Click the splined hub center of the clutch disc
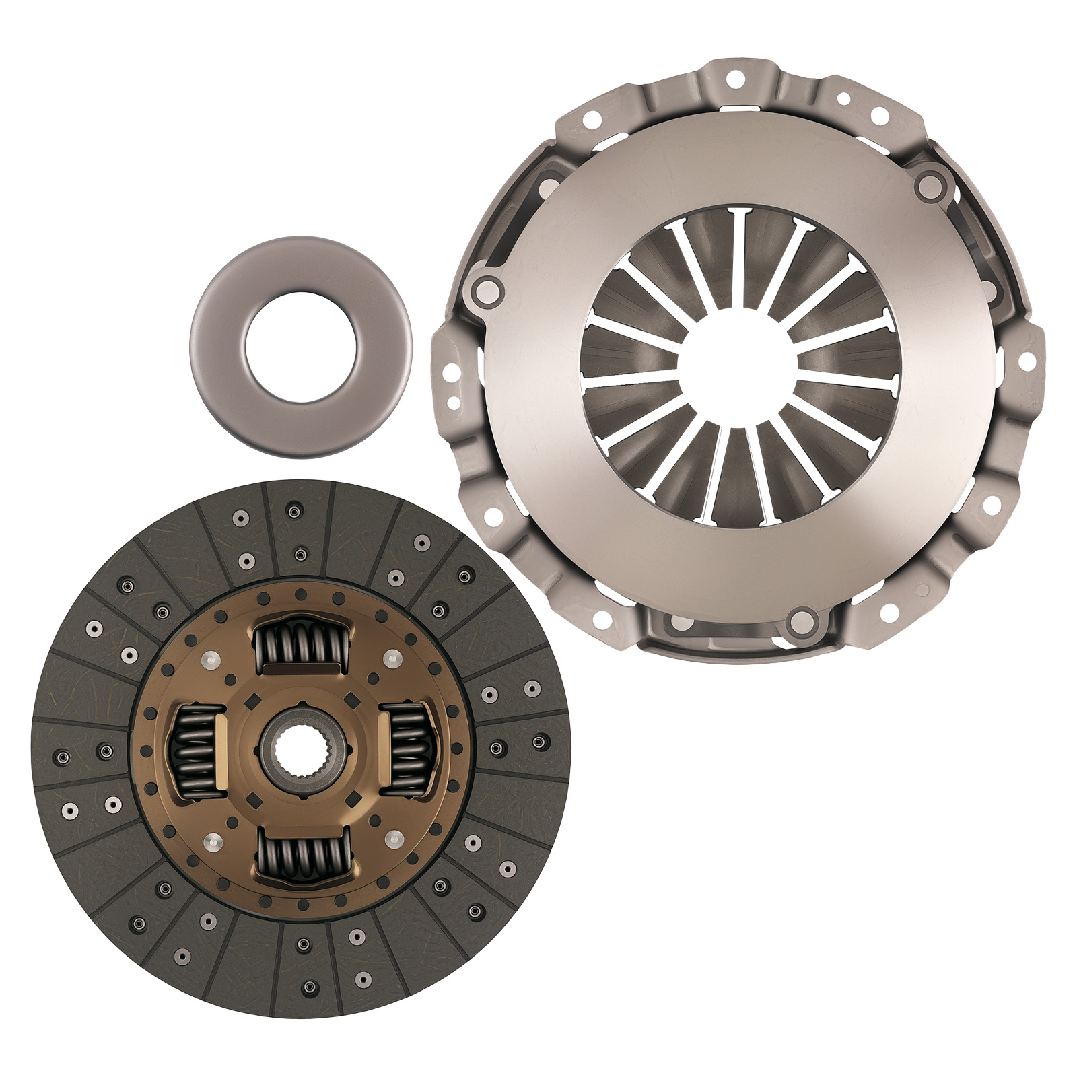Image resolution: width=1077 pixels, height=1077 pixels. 302,751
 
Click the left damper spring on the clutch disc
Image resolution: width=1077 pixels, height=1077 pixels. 195,751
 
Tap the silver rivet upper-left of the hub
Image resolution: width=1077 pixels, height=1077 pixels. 211,660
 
